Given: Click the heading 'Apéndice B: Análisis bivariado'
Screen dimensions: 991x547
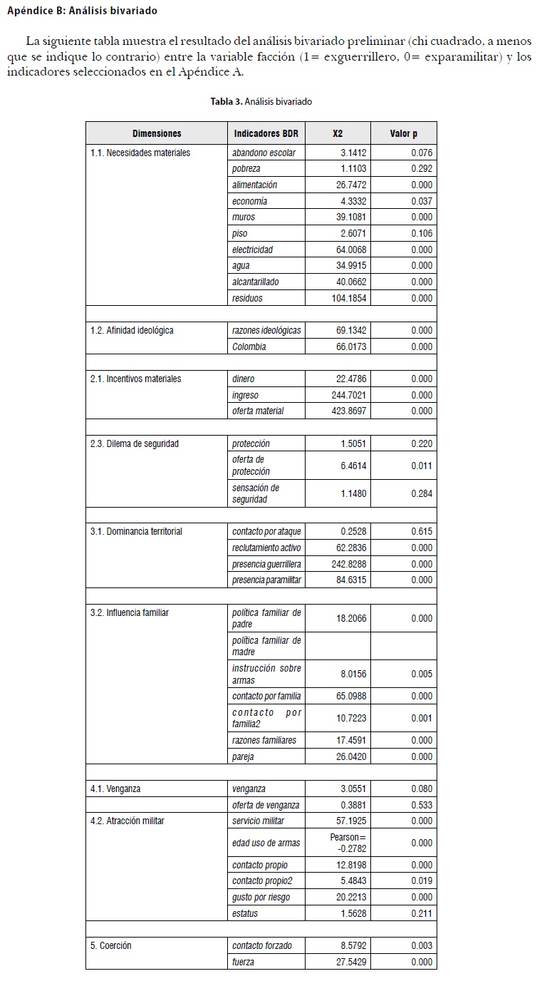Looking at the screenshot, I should point(82,11).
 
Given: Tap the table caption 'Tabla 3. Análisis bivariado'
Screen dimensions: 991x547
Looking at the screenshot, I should point(261,102).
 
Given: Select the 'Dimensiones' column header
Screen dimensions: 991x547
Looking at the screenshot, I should point(157,133).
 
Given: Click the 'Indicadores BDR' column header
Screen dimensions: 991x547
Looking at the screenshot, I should point(266,133).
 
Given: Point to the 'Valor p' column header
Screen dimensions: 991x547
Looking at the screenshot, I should point(403,133).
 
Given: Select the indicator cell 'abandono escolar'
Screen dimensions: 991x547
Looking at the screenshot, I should point(264,153).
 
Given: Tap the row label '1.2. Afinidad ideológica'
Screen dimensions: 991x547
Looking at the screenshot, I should point(132,331).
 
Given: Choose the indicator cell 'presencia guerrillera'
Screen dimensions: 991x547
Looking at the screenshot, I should point(266,564).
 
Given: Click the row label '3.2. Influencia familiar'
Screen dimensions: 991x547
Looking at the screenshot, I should point(130,612).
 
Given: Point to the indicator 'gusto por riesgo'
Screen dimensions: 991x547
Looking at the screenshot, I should point(261,897).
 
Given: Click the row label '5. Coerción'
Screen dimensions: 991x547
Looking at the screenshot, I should point(111,945).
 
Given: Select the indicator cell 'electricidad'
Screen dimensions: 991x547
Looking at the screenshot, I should point(252,250).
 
